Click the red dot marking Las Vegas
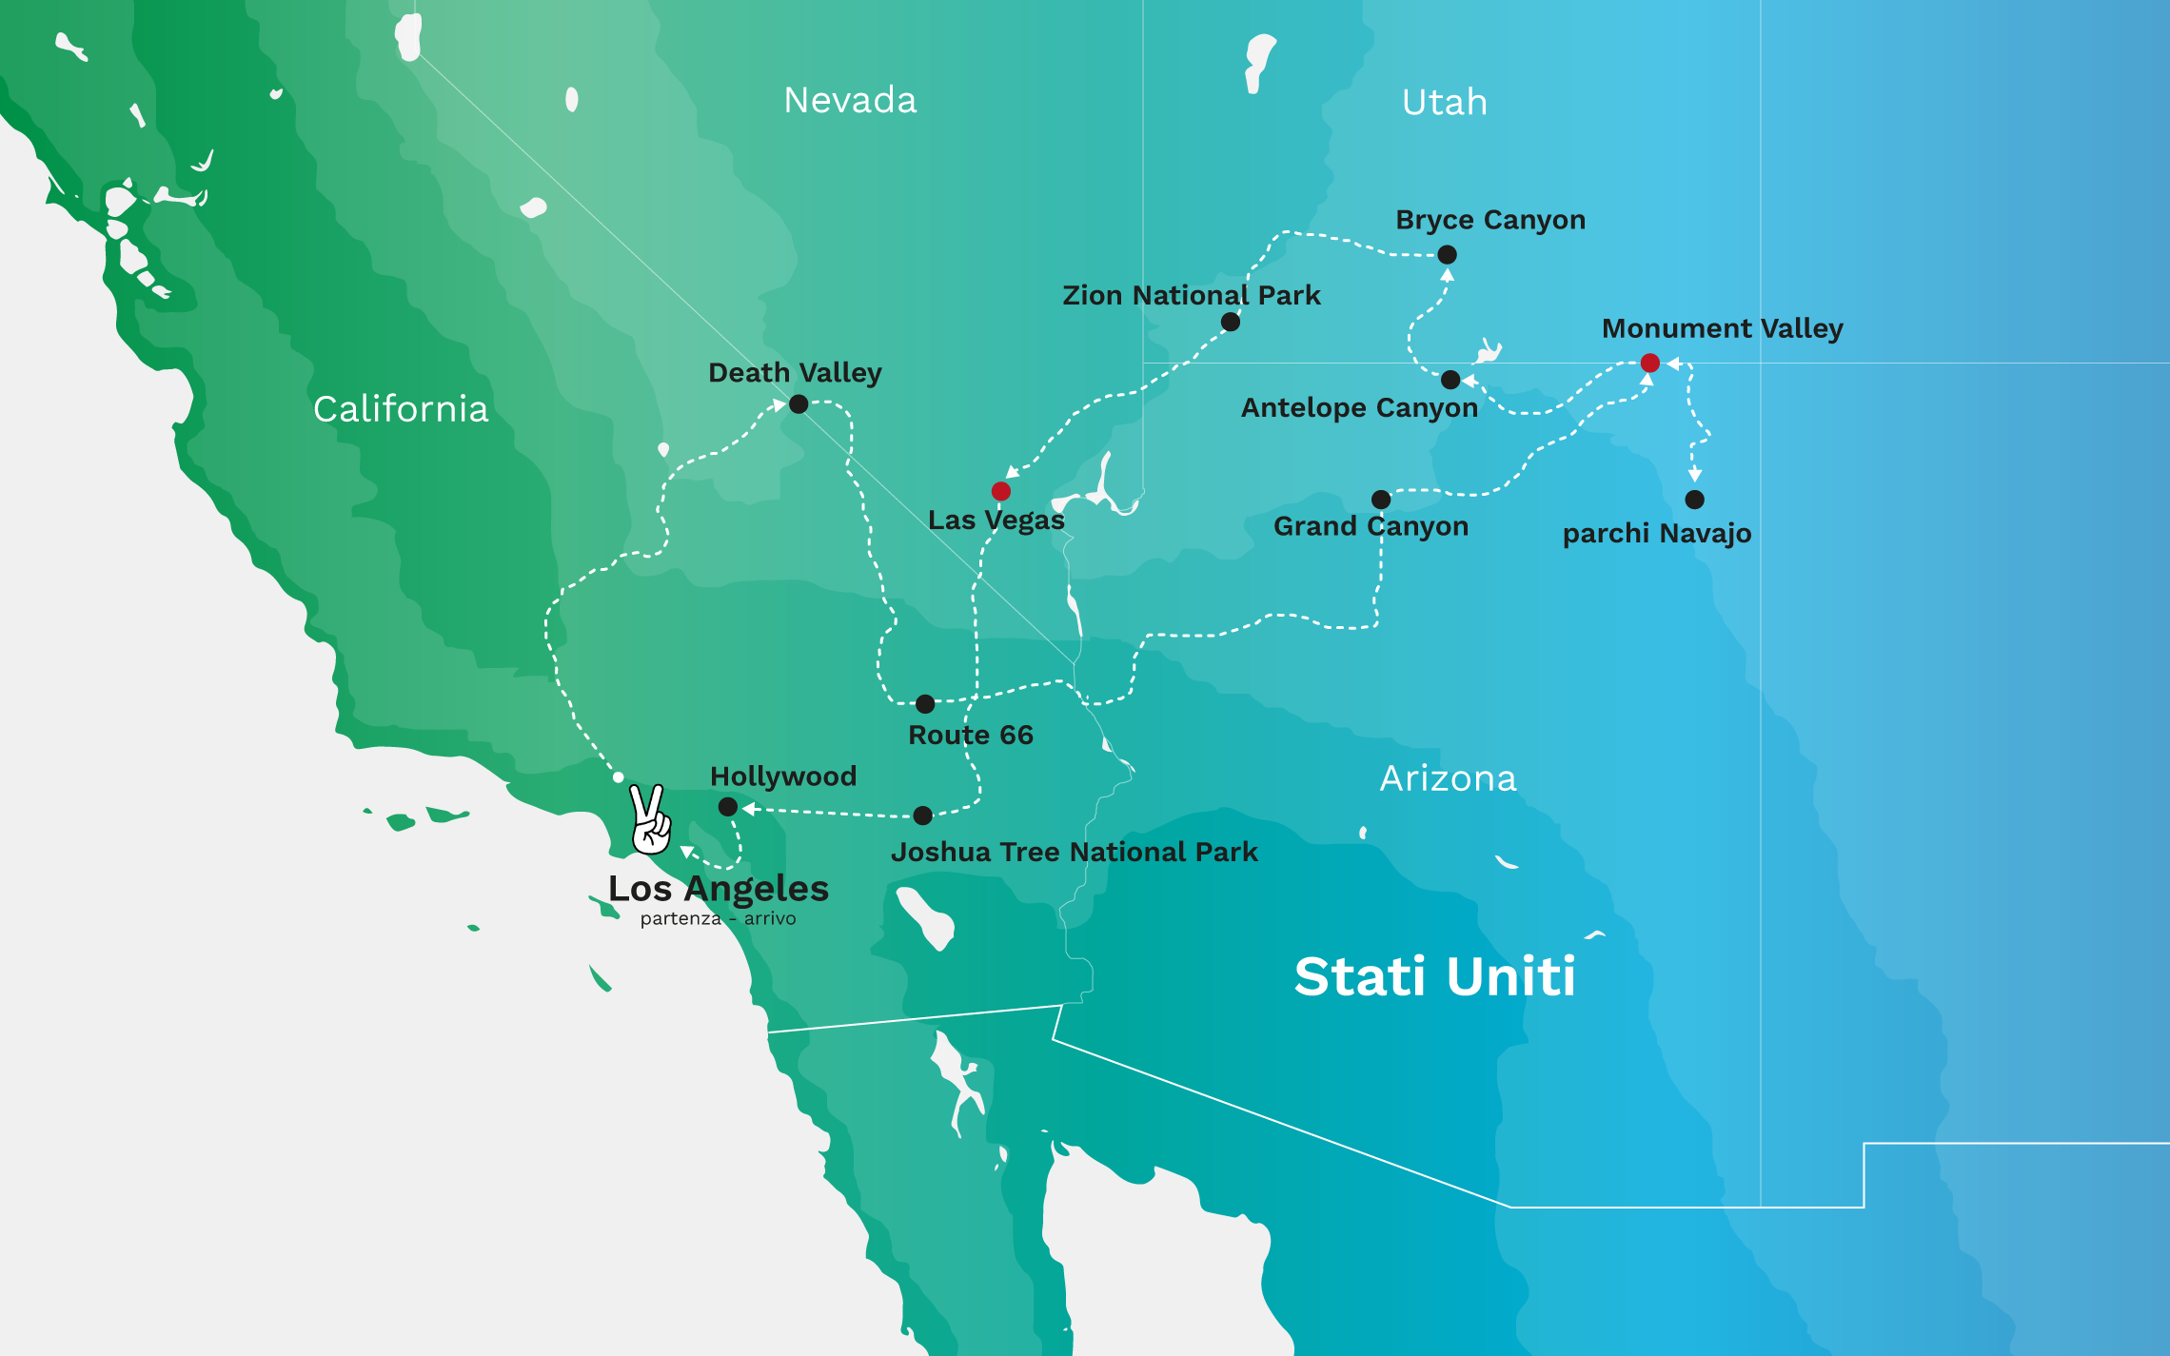pyautogui.click(x=1000, y=491)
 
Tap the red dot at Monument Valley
pyautogui.click(x=1650, y=363)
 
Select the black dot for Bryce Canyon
pyautogui.click(x=1447, y=254)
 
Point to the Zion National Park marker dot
pyautogui.click(x=1231, y=322)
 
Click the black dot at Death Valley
pyautogui.click(x=799, y=404)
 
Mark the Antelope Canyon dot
pyautogui.click(x=1450, y=380)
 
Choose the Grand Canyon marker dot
pyautogui.click(x=1381, y=500)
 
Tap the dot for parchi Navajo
pyautogui.click(x=1694, y=500)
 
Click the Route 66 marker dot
pyautogui.click(x=925, y=704)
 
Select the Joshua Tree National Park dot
pyautogui.click(x=922, y=816)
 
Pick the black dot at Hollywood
pyautogui.click(x=728, y=807)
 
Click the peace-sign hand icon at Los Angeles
pyautogui.click(x=650, y=819)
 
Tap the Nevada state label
pyautogui.click(x=850, y=100)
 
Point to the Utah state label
pyautogui.click(x=1444, y=102)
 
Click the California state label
pyautogui.click(x=401, y=409)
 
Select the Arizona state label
pyautogui.click(x=1448, y=778)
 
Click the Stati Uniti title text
pyautogui.click(x=1434, y=976)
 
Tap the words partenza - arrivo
pyautogui.click(x=718, y=918)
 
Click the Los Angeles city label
pyautogui.click(x=719, y=888)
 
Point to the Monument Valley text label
pyautogui.click(x=1722, y=328)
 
